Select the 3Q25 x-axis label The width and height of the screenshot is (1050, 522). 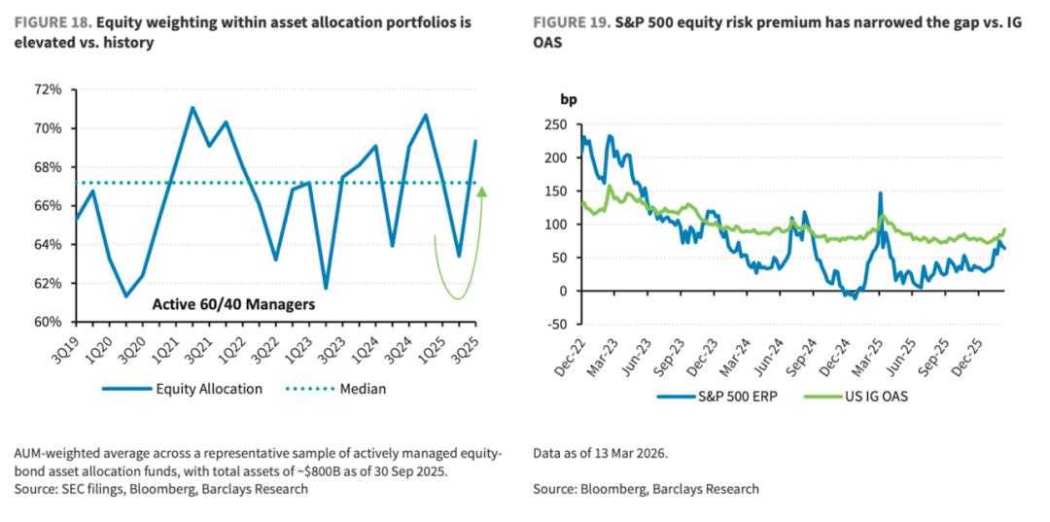(x=464, y=347)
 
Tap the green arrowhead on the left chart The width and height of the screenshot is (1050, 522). (x=482, y=191)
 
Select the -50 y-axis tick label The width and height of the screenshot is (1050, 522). (x=554, y=324)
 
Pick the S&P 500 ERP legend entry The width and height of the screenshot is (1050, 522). (x=724, y=397)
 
